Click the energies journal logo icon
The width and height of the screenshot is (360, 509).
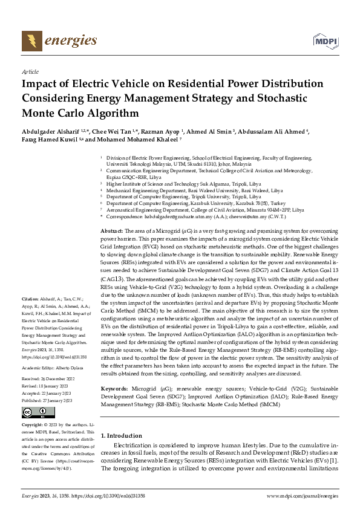[x=28, y=41]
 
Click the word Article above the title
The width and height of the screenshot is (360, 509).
[x=29, y=71]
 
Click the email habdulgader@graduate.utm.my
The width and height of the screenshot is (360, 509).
[x=175, y=216]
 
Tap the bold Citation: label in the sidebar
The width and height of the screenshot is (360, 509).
[x=30, y=299]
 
